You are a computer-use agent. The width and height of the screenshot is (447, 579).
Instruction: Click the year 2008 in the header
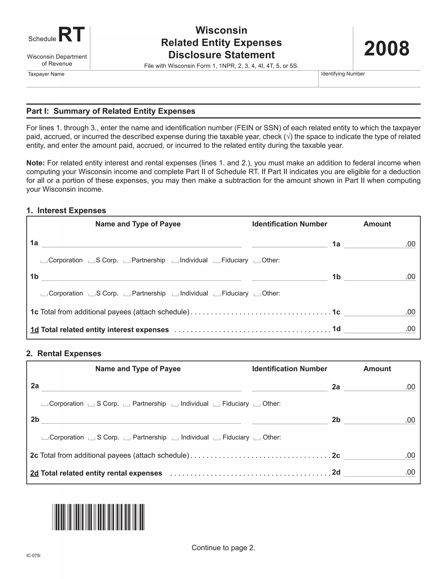point(386,49)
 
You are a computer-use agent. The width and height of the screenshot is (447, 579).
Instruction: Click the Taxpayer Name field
point(172,81)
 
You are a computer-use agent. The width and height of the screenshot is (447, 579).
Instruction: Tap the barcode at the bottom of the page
point(98,517)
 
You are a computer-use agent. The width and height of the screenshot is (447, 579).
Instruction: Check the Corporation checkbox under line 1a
point(44,261)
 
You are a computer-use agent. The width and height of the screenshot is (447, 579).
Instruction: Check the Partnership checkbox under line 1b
point(127,294)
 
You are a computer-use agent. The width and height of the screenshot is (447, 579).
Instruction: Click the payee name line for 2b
point(141,420)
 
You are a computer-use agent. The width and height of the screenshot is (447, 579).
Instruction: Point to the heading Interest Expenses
point(72,210)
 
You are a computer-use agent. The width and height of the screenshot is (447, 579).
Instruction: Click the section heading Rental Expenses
point(69,354)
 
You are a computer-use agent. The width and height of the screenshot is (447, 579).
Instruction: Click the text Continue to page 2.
point(223,548)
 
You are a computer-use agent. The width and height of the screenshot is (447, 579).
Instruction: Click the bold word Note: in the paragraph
point(36,163)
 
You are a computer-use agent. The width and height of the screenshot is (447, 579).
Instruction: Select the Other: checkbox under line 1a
point(257,261)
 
